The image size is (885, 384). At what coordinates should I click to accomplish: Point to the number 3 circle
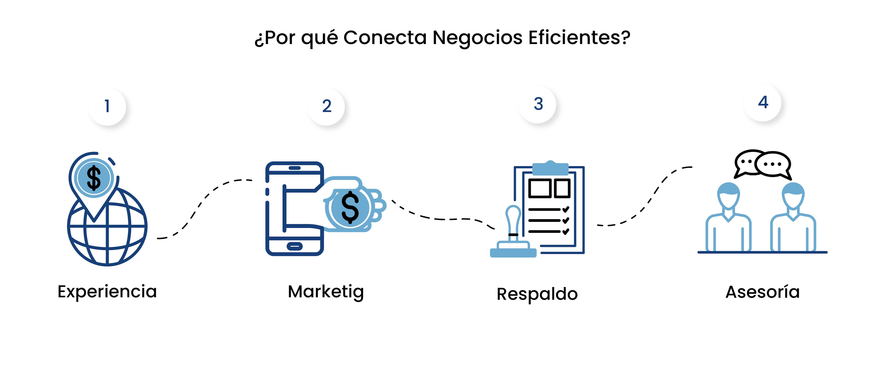tap(538, 104)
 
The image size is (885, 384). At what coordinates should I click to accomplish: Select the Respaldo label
tap(537, 294)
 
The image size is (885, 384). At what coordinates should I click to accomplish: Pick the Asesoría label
tap(763, 292)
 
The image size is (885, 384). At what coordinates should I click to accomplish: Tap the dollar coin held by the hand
tap(350, 208)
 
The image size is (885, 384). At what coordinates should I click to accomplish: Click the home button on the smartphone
tap(295, 246)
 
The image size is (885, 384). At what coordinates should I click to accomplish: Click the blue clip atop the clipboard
tap(550, 168)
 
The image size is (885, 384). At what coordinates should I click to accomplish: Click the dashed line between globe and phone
tap(203, 202)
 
